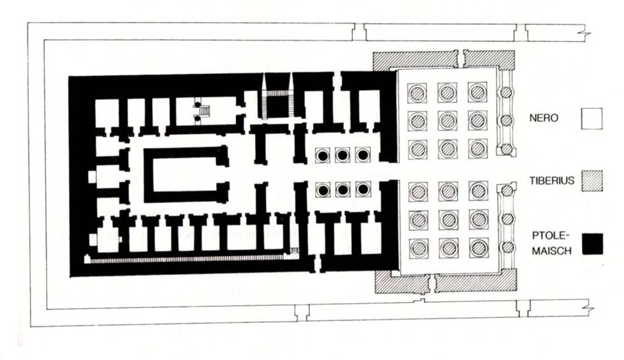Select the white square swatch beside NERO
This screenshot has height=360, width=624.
591,120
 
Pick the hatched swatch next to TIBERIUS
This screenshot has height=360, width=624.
591,180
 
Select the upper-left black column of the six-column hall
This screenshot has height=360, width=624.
323,156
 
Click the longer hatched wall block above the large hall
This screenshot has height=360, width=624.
414,60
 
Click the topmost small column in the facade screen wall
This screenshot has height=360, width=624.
505,93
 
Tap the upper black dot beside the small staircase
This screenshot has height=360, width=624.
196,105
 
